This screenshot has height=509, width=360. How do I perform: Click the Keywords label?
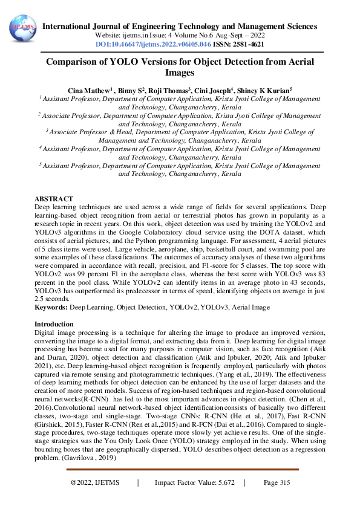tap(51, 308)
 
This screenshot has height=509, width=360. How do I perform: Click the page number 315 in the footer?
tap(277, 482)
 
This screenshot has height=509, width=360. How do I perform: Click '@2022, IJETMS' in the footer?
tap(95, 482)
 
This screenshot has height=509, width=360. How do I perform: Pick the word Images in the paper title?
tap(180, 73)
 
